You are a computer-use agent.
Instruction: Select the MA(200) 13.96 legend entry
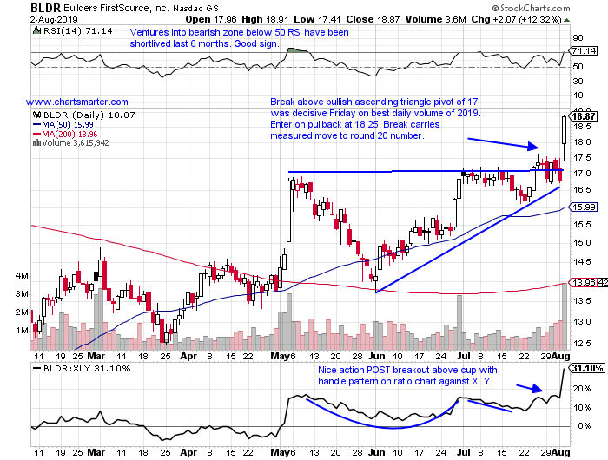tap(66, 135)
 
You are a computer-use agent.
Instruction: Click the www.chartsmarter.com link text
tap(77, 102)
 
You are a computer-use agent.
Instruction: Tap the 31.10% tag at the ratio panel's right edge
tap(587, 369)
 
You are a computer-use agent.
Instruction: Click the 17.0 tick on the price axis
tap(584, 174)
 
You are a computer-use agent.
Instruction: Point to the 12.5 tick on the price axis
tap(584, 321)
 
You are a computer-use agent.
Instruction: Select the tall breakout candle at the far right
tap(565, 130)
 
